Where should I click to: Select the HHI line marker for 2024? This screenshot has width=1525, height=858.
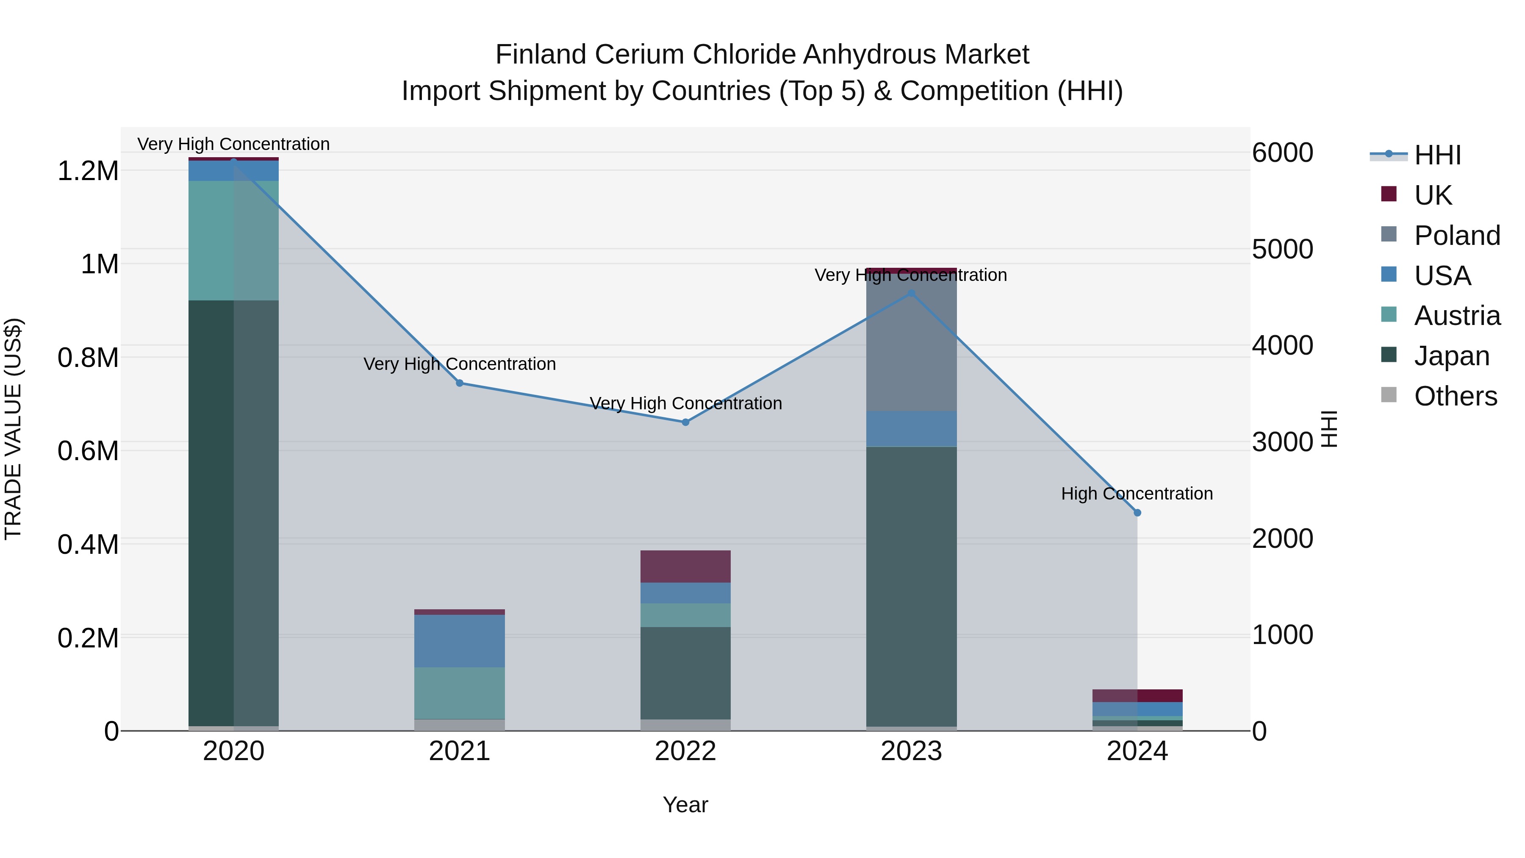tap(1137, 513)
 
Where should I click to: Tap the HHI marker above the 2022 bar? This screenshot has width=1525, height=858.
tap(685, 422)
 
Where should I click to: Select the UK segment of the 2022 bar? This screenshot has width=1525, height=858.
tap(685, 566)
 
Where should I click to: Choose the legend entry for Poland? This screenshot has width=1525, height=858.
tap(1457, 236)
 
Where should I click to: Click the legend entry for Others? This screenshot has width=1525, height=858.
tap(1455, 396)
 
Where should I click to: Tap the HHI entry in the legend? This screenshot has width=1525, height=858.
tap(1437, 155)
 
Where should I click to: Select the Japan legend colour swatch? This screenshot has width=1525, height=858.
tap(1388, 355)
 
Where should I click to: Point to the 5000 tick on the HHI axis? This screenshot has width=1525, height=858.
tap(1282, 249)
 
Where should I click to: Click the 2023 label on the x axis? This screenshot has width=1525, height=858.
tap(911, 751)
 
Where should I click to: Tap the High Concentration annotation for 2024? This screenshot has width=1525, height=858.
tap(1137, 493)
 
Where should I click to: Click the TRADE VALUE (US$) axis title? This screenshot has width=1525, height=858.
tap(13, 429)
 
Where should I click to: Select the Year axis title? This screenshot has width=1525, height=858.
tap(685, 805)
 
